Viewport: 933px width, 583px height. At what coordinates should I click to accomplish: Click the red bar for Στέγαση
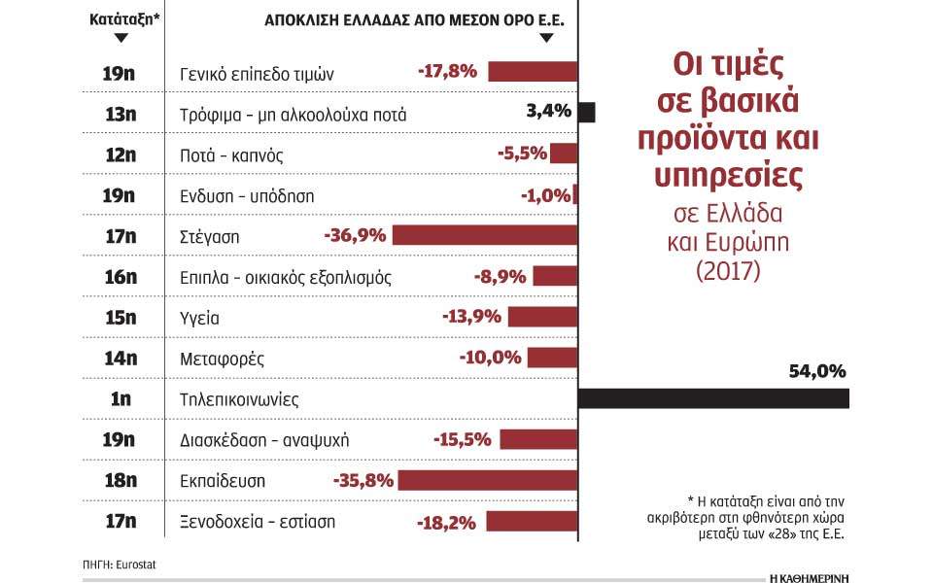pos(485,235)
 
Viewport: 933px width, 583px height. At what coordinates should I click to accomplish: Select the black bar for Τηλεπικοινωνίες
pos(713,398)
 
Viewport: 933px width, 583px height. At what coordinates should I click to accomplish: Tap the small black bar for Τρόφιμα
pos(586,113)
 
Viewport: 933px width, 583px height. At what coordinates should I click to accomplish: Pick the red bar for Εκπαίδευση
pos(488,480)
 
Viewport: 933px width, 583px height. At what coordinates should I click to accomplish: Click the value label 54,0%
pos(818,370)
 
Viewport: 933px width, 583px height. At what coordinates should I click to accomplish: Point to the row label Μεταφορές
pos(223,359)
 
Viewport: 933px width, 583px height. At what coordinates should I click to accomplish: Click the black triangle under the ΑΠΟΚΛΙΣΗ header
pos(545,38)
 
